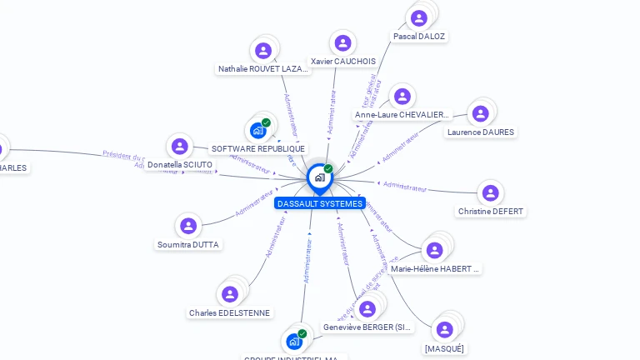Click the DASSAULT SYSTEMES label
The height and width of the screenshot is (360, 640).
320,203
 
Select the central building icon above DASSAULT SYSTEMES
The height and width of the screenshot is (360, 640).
319,177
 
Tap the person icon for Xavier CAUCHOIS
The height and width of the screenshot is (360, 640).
342,43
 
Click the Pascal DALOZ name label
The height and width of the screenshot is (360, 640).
419,37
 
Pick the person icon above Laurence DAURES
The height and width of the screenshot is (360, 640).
481,113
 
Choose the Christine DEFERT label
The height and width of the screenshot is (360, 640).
491,212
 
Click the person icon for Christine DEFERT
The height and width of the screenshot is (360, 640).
490,192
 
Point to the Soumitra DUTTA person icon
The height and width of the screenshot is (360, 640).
188,226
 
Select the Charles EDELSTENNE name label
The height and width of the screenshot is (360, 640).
229,313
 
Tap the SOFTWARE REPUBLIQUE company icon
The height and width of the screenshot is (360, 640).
257,130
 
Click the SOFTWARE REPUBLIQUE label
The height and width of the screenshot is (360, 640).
258,149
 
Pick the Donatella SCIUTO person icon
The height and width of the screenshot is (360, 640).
179,147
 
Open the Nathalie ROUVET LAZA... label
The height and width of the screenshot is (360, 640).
263,69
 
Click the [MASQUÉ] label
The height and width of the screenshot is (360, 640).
444,348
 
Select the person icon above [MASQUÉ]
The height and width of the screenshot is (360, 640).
445,329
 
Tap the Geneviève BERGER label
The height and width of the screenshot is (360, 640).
367,327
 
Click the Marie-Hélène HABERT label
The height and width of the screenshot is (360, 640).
435,269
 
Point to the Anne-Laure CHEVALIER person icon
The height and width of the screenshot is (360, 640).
402,97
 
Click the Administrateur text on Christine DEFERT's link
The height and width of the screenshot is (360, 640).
405,187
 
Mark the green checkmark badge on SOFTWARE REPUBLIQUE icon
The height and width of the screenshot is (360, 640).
266,122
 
